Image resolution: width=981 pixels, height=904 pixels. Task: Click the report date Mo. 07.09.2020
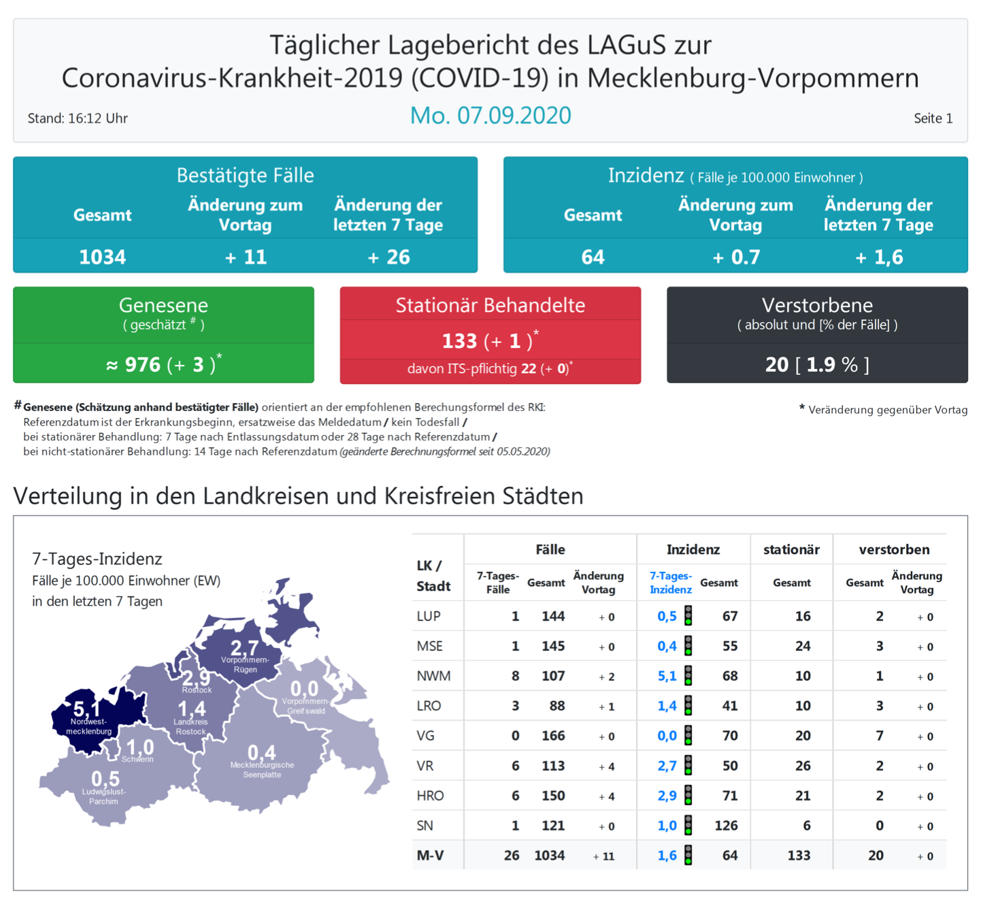coord(490,116)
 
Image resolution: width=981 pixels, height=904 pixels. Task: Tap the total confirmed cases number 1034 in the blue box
coord(103,257)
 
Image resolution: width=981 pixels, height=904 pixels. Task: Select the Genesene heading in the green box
coord(163,305)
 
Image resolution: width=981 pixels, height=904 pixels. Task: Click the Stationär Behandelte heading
coord(490,305)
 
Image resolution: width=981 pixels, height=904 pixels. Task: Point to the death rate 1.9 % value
coord(832,365)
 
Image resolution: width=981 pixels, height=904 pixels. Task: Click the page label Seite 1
coord(933,118)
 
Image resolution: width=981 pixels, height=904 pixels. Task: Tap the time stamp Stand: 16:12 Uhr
coord(78,118)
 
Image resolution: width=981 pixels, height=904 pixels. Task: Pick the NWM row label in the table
coord(433,676)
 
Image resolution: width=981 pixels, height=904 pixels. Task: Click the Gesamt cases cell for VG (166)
coord(553,736)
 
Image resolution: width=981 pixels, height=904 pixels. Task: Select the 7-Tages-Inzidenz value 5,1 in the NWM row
coord(667,676)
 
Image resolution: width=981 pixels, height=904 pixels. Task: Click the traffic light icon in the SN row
coord(688,825)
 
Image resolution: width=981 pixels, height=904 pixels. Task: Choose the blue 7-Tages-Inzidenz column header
coord(671,583)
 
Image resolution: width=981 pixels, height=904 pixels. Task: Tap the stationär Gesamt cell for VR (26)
coord(803,766)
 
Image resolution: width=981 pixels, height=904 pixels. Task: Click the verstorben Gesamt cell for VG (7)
coord(880,736)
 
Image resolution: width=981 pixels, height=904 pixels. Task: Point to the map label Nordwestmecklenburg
coord(88,726)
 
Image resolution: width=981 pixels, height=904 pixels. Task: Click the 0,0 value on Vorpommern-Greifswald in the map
coord(304,689)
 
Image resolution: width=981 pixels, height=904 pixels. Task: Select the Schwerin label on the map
coord(138,759)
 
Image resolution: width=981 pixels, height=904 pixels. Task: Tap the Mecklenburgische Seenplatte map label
coord(262,770)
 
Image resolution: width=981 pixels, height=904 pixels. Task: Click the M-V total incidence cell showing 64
coord(730,856)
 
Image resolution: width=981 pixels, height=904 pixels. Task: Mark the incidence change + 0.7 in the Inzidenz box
coord(735,257)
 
